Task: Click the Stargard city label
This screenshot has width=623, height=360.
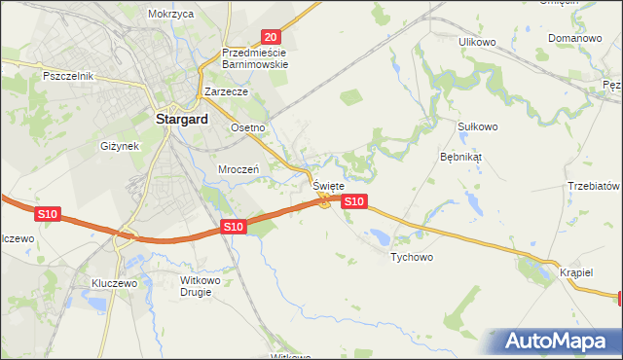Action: (x=182, y=121)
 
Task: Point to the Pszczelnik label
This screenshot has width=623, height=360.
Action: (x=67, y=75)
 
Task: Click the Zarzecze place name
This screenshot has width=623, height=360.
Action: (x=227, y=91)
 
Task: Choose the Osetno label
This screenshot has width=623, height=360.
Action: (x=247, y=127)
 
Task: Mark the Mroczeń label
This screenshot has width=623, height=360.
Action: (x=238, y=168)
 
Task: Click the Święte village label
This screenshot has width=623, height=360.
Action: (x=328, y=185)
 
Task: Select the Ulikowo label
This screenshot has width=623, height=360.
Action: (x=478, y=42)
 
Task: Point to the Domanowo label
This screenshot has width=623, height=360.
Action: (x=573, y=38)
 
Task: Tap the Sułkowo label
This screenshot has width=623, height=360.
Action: (x=477, y=126)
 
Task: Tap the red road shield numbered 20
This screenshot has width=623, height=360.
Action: (x=271, y=36)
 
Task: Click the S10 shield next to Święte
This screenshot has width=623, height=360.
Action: (x=354, y=201)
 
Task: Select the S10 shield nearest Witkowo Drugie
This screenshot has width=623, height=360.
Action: (x=232, y=227)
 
